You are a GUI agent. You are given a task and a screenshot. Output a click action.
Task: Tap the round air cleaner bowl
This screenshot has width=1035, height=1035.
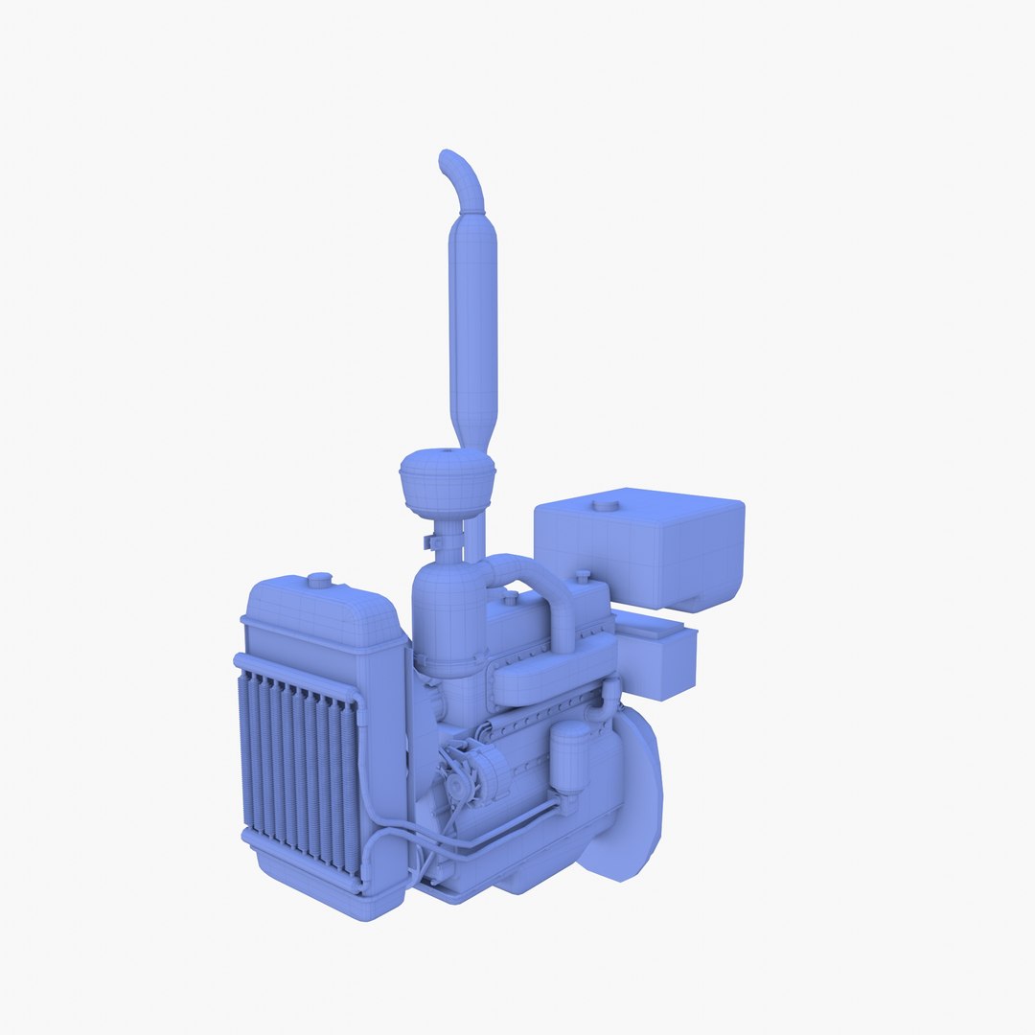click(x=447, y=484)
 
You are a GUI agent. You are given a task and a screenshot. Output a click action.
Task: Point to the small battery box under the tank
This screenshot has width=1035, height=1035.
click(x=657, y=655)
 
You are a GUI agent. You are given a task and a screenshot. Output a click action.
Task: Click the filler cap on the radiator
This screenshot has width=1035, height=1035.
click(x=318, y=581)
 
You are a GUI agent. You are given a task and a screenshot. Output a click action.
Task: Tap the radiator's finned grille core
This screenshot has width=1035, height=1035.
click(x=297, y=767)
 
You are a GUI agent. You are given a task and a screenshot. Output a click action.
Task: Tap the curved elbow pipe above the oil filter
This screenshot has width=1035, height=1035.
click(x=604, y=704)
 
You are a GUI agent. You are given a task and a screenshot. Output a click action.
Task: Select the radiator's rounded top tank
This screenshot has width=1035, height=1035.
click(x=321, y=613)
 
